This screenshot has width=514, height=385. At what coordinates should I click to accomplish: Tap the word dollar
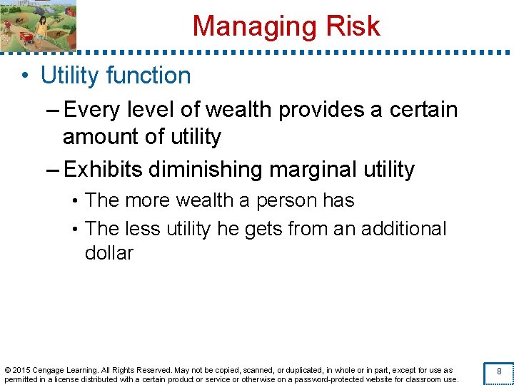pyautogui.click(x=109, y=253)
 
